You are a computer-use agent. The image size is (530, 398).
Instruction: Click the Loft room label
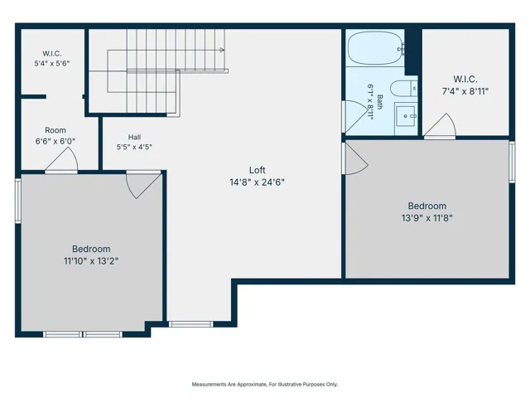(x=258, y=170)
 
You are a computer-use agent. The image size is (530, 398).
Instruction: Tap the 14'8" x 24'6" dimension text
(x=258, y=182)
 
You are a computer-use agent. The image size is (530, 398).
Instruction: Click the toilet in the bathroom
(x=404, y=89)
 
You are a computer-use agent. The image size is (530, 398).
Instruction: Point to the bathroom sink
(x=406, y=116)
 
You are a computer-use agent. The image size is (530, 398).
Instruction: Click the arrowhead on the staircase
(x=222, y=50)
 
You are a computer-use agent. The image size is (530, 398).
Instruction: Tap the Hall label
(x=134, y=137)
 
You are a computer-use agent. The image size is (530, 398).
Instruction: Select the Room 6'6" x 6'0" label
(x=55, y=136)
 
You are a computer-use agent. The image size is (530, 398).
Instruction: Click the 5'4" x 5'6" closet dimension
(x=52, y=63)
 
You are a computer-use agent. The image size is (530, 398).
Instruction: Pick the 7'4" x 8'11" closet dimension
(x=465, y=91)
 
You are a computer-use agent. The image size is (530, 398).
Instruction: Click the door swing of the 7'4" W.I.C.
(x=440, y=125)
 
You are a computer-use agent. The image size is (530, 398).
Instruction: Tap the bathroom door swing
(x=355, y=116)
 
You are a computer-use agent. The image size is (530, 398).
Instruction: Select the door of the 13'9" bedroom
(x=355, y=158)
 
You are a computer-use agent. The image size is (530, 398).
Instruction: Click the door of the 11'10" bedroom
(x=143, y=184)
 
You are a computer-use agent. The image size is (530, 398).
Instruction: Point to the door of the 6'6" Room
(x=61, y=161)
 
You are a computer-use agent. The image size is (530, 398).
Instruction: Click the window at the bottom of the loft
(x=191, y=324)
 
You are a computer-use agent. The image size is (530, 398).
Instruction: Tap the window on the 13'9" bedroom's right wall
(x=512, y=163)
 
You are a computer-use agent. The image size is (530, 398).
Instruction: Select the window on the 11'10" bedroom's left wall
(x=18, y=201)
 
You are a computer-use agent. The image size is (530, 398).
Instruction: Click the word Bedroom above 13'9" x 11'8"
(x=427, y=206)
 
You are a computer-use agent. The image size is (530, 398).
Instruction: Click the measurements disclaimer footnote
(x=265, y=384)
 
